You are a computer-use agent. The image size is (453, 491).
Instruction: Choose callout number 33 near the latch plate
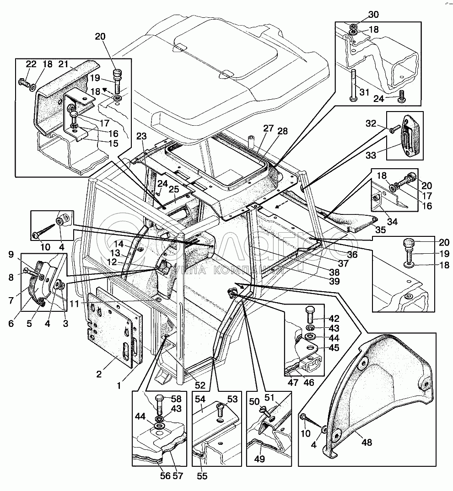click(371, 155)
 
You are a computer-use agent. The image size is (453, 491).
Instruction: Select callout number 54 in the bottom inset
click(200, 399)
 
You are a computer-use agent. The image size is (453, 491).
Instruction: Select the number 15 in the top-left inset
click(113, 143)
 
